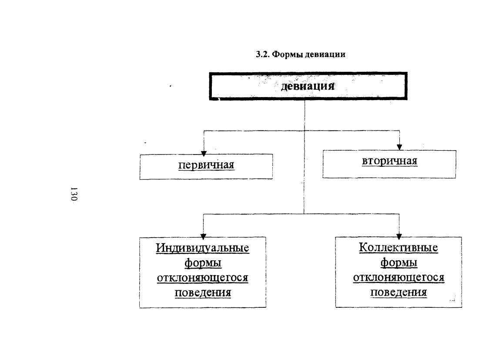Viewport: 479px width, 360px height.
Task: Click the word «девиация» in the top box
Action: point(308,86)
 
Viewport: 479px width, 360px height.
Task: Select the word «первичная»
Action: point(206,165)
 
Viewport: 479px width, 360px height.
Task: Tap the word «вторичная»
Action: point(389,161)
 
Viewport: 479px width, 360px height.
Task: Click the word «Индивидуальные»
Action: point(203,248)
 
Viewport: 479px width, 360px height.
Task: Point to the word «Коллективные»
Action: point(399,247)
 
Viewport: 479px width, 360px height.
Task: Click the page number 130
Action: point(74,194)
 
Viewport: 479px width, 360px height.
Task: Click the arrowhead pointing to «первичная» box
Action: point(204,153)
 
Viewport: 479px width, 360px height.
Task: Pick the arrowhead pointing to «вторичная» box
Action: point(399,147)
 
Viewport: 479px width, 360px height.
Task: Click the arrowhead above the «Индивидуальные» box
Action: point(204,236)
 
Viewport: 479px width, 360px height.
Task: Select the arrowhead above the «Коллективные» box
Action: point(399,236)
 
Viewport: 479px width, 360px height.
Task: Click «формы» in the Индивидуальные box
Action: point(203,262)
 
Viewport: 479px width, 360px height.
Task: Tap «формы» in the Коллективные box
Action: point(399,262)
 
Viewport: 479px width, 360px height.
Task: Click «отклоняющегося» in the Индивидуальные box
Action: point(203,278)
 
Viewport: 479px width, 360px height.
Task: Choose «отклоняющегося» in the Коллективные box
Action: point(399,277)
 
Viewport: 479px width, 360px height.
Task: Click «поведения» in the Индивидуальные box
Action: point(203,293)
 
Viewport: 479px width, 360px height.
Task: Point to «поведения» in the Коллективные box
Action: point(399,292)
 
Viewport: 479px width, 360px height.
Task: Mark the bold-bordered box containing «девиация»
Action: point(308,73)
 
